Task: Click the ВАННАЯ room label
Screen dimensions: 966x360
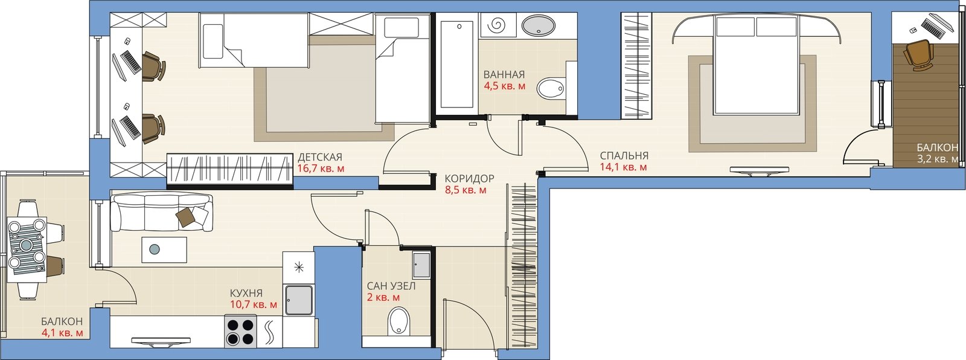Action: pyautogui.click(x=504, y=74)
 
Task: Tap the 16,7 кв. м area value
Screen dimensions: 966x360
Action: pyautogui.click(x=321, y=169)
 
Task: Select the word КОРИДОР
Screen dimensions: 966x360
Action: pyautogui.click(x=469, y=178)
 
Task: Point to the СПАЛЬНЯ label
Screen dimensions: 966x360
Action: pyautogui.click(x=624, y=155)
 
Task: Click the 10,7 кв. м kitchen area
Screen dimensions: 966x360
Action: pyautogui.click(x=254, y=304)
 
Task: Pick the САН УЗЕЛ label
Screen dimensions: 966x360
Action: pyautogui.click(x=391, y=286)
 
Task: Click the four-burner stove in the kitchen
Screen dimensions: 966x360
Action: pyautogui.click(x=240, y=331)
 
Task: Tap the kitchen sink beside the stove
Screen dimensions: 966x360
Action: pyautogui.click(x=298, y=300)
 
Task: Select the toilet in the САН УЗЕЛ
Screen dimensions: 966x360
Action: pyautogui.click(x=399, y=321)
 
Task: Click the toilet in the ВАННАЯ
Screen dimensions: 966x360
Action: pyautogui.click(x=550, y=88)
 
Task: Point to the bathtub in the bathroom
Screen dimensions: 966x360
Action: pyautogui.click(x=456, y=63)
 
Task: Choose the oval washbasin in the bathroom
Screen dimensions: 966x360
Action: pyautogui.click(x=538, y=25)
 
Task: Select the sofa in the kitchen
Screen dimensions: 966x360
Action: pyautogui.click(x=162, y=213)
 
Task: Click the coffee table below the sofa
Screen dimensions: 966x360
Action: pyautogui.click(x=164, y=249)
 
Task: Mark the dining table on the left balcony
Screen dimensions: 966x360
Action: pyautogui.click(x=28, y=250)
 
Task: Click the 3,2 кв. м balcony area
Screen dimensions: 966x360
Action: pyautogui.click(x=938, y=159)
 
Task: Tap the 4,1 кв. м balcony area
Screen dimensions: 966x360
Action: pyautogui.click(x=62, y=333)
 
